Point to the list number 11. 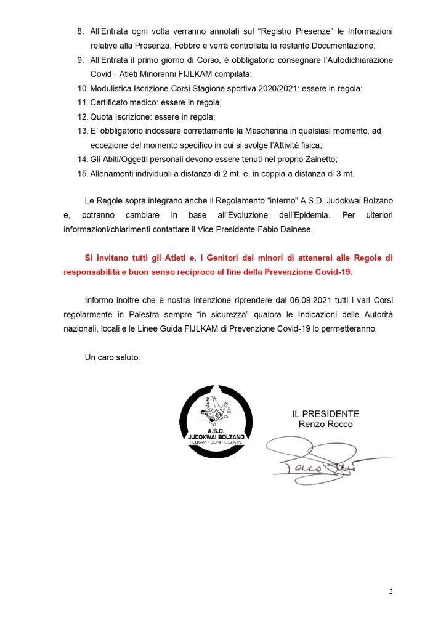point(80,102)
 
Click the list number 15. point(80,173)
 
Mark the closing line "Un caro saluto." point(113,357)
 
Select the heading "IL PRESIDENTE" point(326,415)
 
